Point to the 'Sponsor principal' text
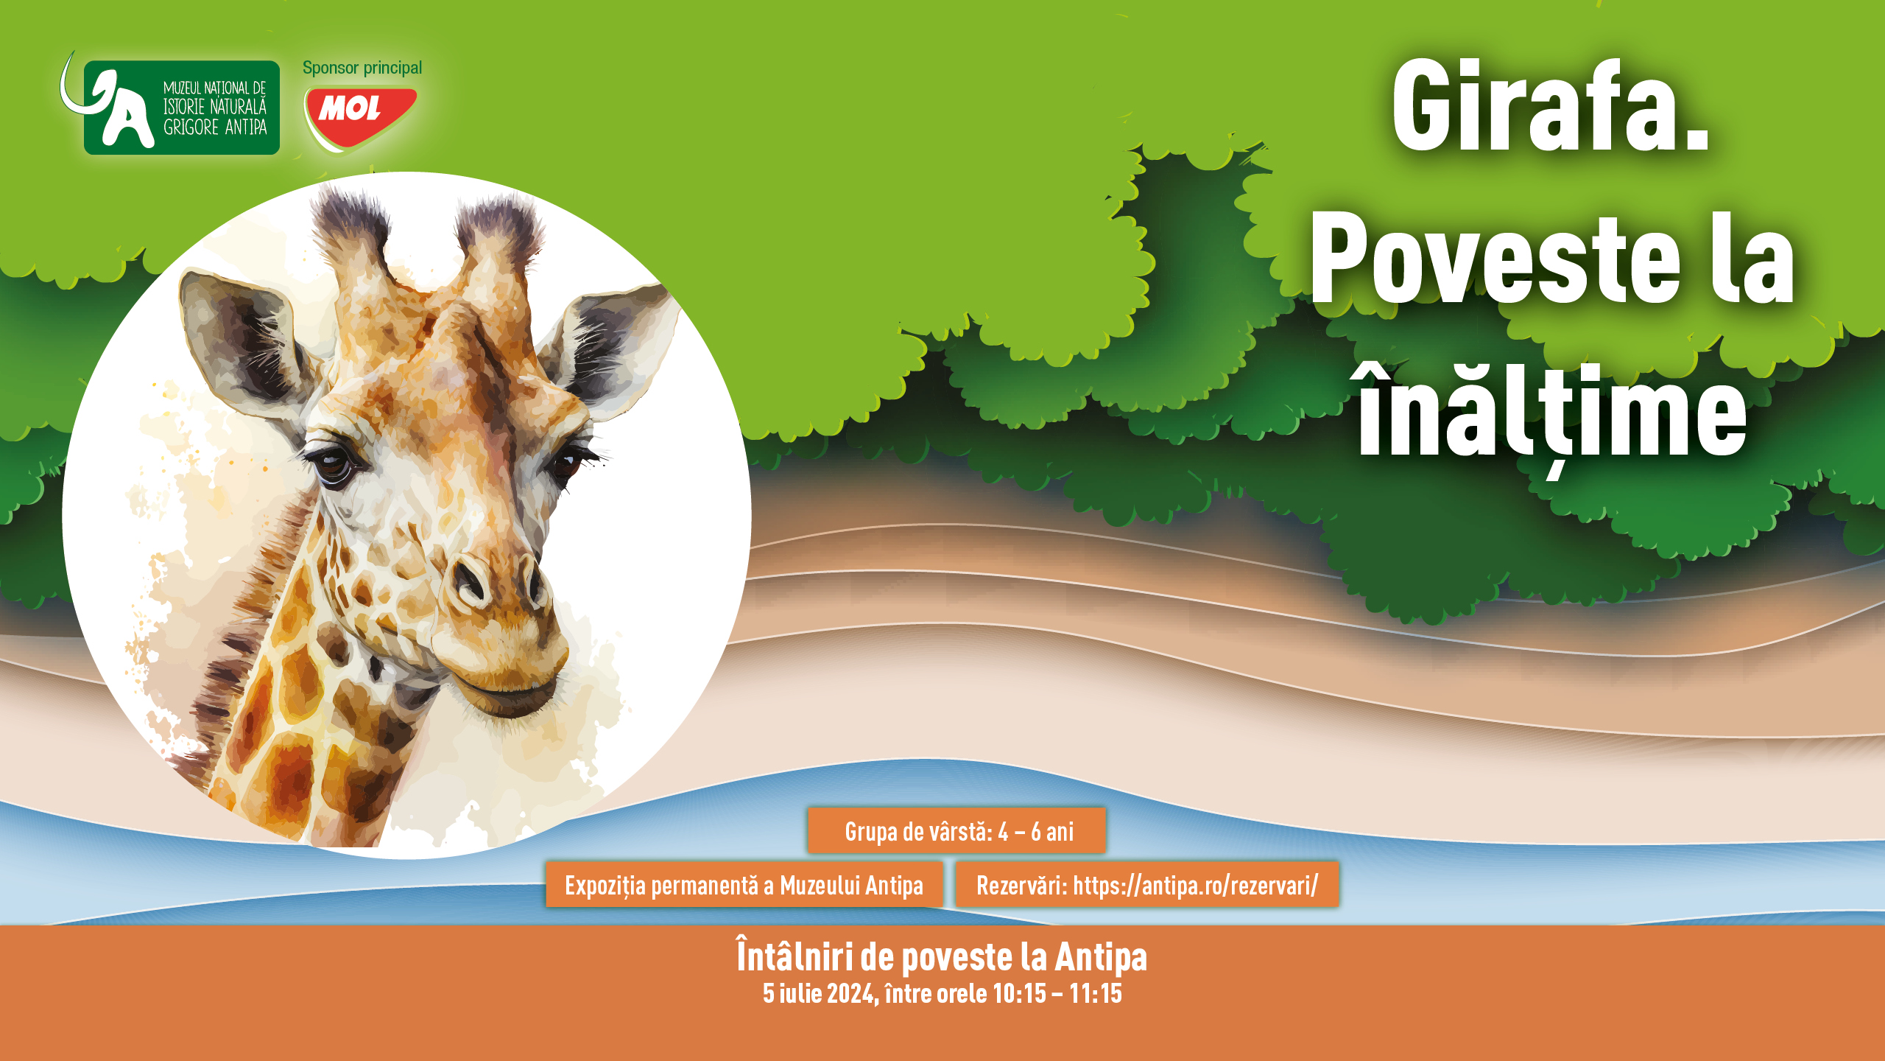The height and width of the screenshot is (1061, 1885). [x=362, y=68]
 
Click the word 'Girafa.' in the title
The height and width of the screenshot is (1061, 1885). [x=1550, y=107]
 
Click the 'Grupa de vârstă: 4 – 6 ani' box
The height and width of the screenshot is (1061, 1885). [x=956, y=830]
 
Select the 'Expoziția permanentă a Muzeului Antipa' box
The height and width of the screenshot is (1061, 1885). [x=744, y=884]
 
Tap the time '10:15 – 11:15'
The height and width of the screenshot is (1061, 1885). [x=1057, y=993]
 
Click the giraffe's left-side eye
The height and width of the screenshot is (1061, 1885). [x=334, y=466]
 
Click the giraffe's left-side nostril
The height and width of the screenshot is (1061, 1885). [x=469, y=581]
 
